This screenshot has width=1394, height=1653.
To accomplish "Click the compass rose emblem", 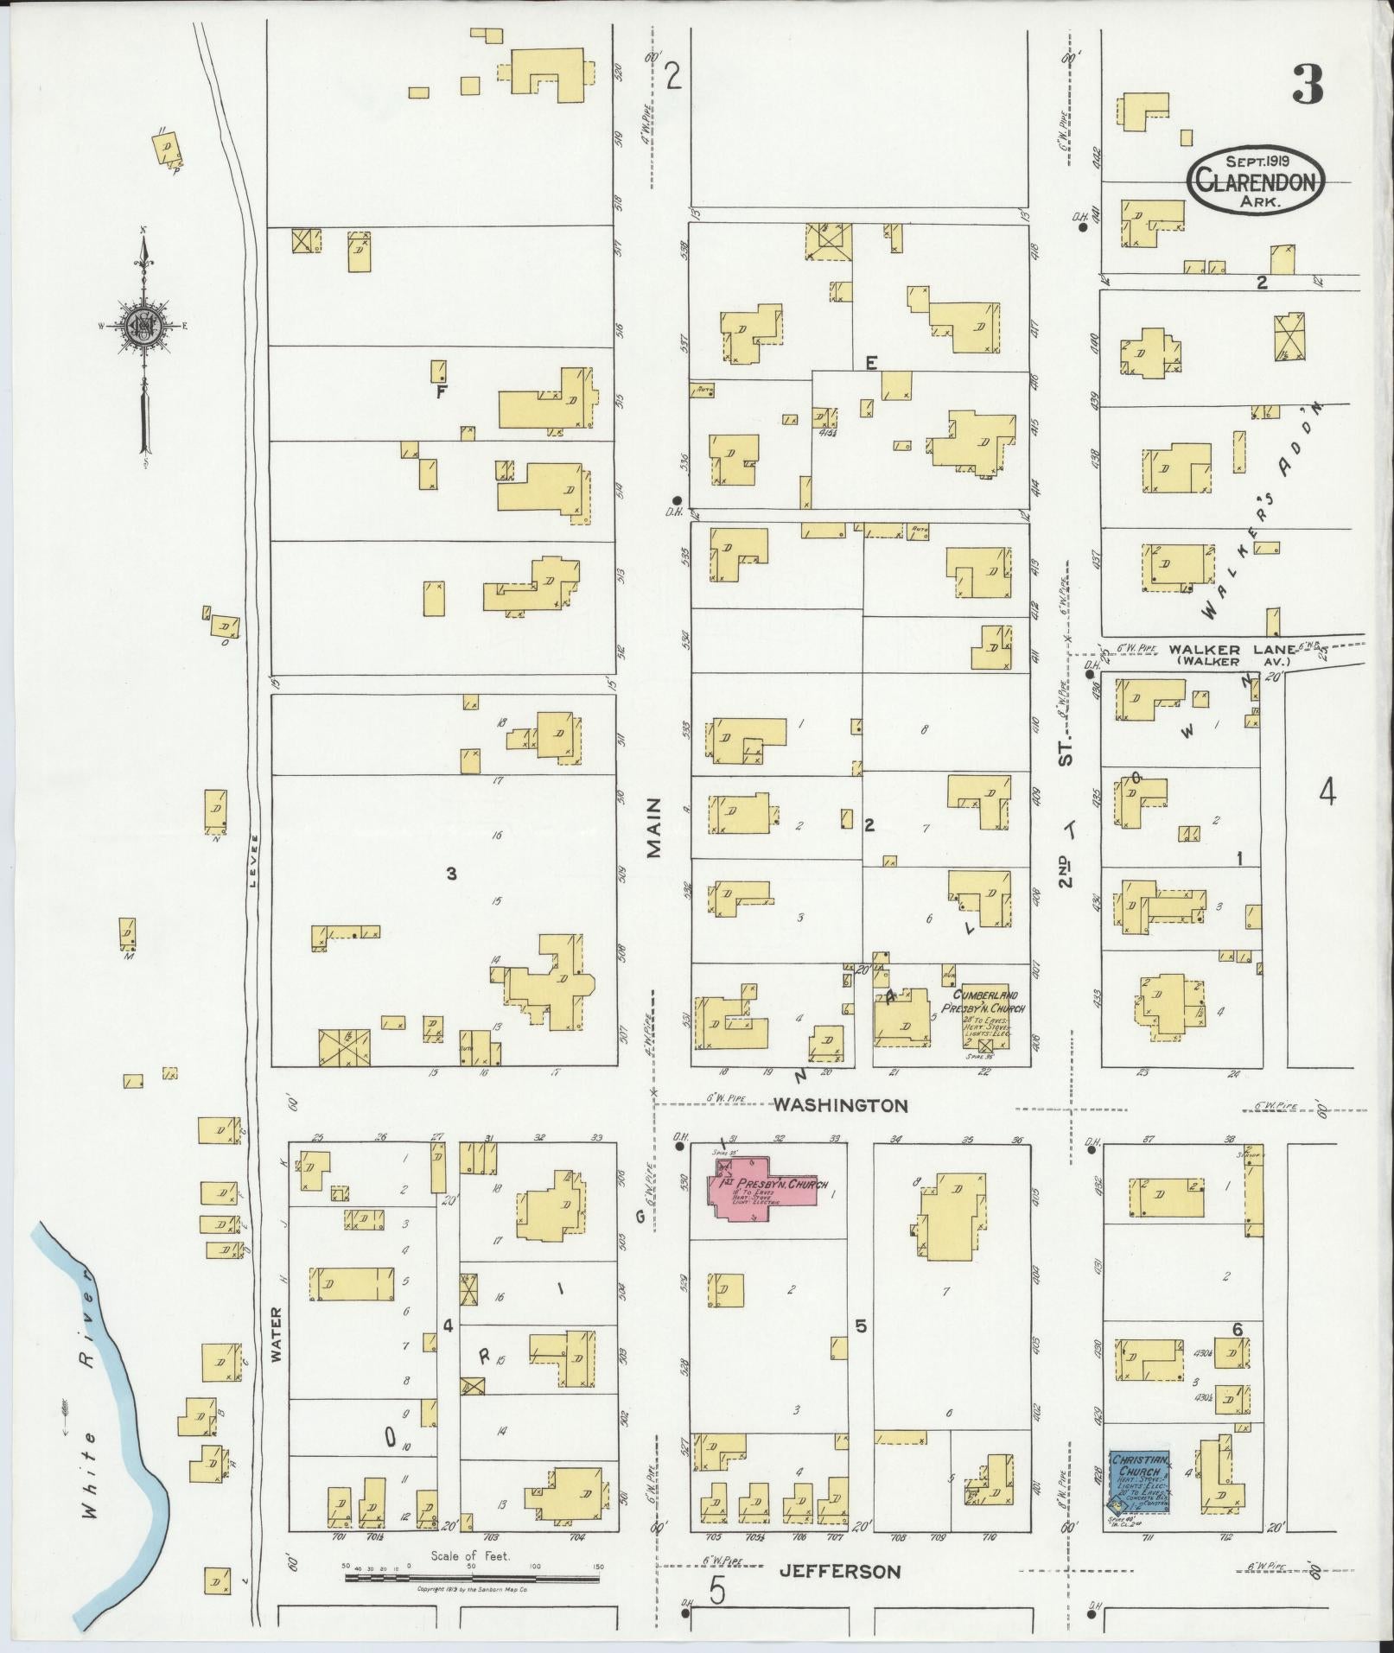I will point(143,326).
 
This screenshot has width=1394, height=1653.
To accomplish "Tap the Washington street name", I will point(840,1105).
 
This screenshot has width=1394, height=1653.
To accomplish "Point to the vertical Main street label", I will point(654,828).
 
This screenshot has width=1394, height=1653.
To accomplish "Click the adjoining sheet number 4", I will point(1327,791).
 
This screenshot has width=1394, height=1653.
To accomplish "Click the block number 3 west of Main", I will point(450,874).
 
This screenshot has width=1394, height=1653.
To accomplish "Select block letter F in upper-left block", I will point(440,391).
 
